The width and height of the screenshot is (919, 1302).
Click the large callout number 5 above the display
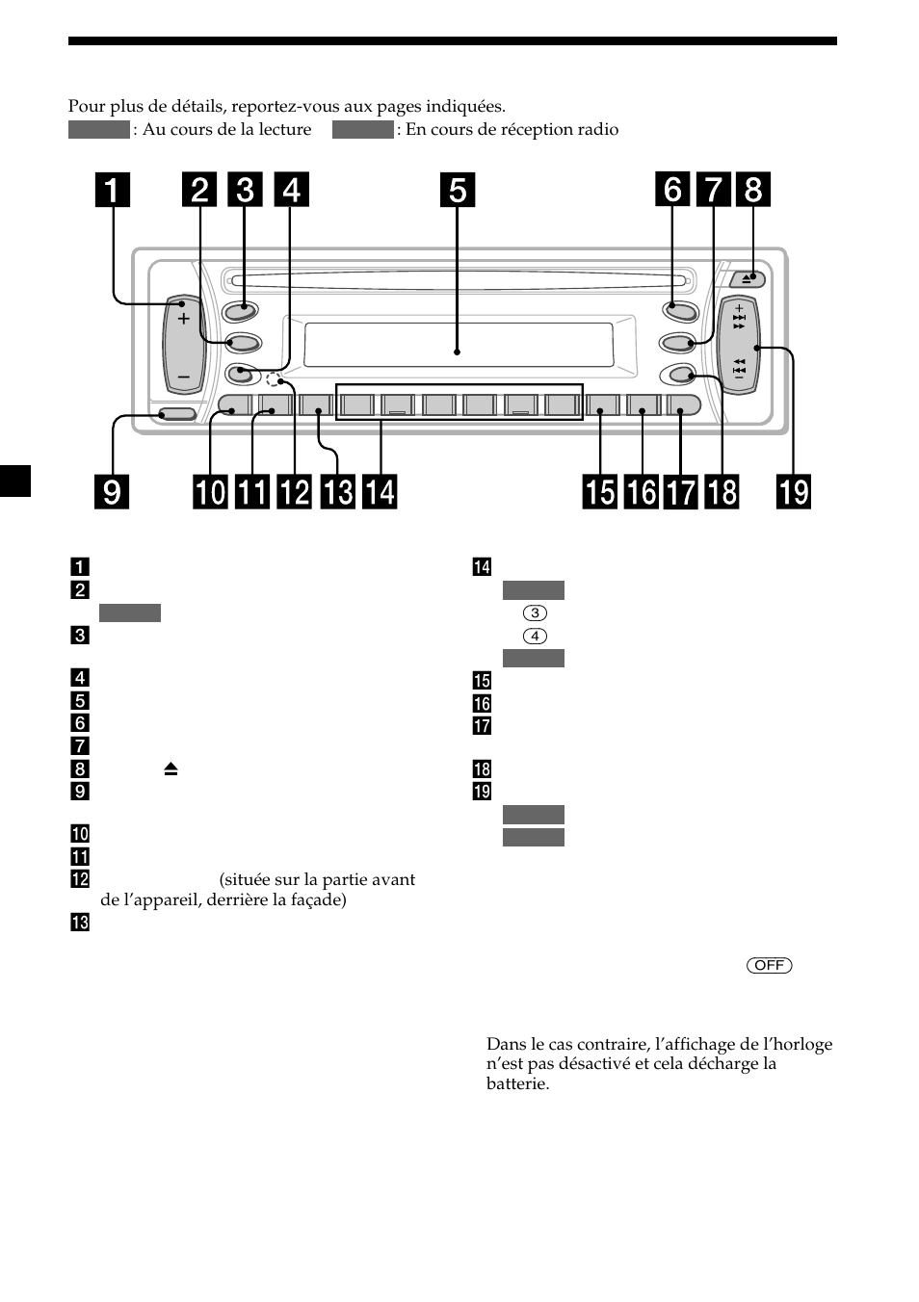458,191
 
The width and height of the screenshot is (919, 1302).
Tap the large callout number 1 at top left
112,191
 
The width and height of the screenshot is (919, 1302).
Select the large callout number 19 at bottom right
794,492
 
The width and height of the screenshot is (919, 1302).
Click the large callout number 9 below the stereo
112,492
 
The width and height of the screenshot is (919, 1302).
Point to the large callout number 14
380,492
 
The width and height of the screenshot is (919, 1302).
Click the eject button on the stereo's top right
752,278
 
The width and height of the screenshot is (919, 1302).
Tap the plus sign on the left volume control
184,318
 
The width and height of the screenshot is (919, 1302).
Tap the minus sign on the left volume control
184,375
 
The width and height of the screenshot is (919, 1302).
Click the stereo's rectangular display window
459,345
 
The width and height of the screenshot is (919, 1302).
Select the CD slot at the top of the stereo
458,282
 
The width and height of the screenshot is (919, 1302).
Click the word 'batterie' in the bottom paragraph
517,1083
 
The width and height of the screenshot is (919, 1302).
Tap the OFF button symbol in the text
769,965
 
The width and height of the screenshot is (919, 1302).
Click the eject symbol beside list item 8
171,768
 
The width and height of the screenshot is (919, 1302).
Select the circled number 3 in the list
535,612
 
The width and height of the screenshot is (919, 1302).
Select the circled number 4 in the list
535,636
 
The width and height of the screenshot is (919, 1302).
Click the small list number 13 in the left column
80,923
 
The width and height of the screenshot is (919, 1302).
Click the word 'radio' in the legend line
597,129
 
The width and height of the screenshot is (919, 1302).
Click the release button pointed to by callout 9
177,414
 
